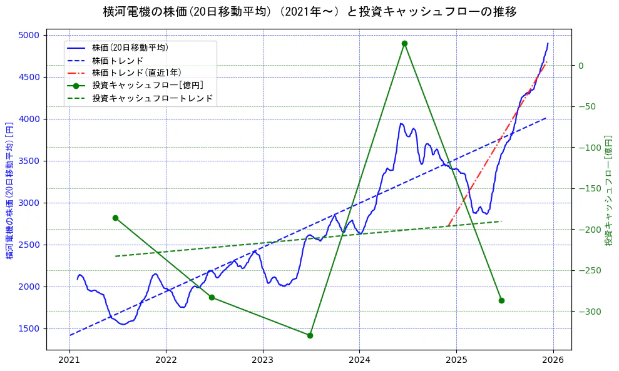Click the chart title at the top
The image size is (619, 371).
pos(309,12)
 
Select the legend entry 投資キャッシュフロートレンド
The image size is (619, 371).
pos(152,98)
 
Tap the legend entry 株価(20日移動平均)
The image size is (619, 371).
pos(130,48)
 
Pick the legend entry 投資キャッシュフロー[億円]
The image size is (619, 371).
pos(147,86)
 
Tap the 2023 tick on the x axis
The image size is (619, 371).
pos(263,361)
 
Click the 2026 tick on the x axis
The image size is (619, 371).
pos(553,361)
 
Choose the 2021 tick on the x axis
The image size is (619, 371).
pos(69,361)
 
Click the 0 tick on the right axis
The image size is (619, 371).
pos(581,66)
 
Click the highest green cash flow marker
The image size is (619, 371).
pos(404,43)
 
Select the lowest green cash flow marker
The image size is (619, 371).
pos(310,335)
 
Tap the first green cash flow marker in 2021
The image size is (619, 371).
pos(115,218)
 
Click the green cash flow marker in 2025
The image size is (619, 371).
pos(501,300)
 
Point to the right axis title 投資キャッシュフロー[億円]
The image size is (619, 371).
pos(608,190)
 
